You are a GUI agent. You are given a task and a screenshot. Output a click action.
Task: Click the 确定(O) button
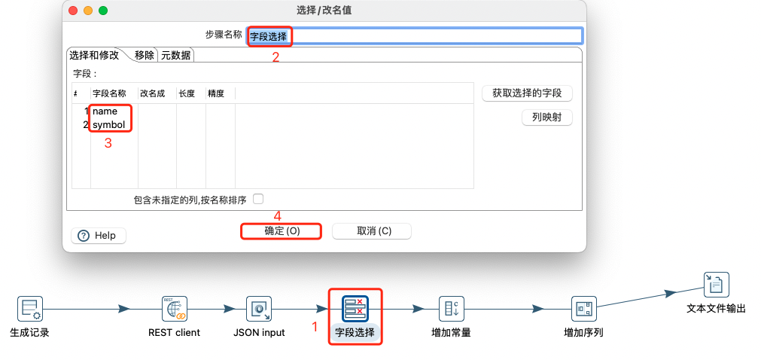pos(282,231)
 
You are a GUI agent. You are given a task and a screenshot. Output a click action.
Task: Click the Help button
pos(99,236)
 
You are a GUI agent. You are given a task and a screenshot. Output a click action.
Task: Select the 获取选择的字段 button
pos(527,93)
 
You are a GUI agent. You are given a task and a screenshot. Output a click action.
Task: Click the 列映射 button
pos(546,118)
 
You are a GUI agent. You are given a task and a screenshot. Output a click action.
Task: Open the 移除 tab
pos(145,55)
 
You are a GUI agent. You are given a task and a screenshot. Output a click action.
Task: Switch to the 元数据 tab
pos(176,55)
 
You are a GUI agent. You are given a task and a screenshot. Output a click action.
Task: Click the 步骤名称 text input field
pos(437,35)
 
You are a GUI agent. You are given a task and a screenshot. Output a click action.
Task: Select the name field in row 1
pos(105,111)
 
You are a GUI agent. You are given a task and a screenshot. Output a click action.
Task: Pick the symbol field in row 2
pos(108,124)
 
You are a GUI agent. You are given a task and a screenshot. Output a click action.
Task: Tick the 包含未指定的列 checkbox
pos(258,199)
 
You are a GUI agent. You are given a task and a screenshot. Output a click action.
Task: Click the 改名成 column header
pos(153,93)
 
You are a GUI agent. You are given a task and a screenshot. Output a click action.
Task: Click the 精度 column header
pos(216,93)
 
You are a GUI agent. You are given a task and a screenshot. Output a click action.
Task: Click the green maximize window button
pos(103,11)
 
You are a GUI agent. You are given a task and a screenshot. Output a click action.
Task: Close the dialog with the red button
pos(73,11)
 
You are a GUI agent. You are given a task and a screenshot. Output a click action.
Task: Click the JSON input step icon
pos(258,308)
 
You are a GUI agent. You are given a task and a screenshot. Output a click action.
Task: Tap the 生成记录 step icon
pos(29,308)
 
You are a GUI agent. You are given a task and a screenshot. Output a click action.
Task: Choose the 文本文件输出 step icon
pos(716,285)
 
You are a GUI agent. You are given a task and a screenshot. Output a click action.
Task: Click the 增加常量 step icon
pos(451,308)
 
